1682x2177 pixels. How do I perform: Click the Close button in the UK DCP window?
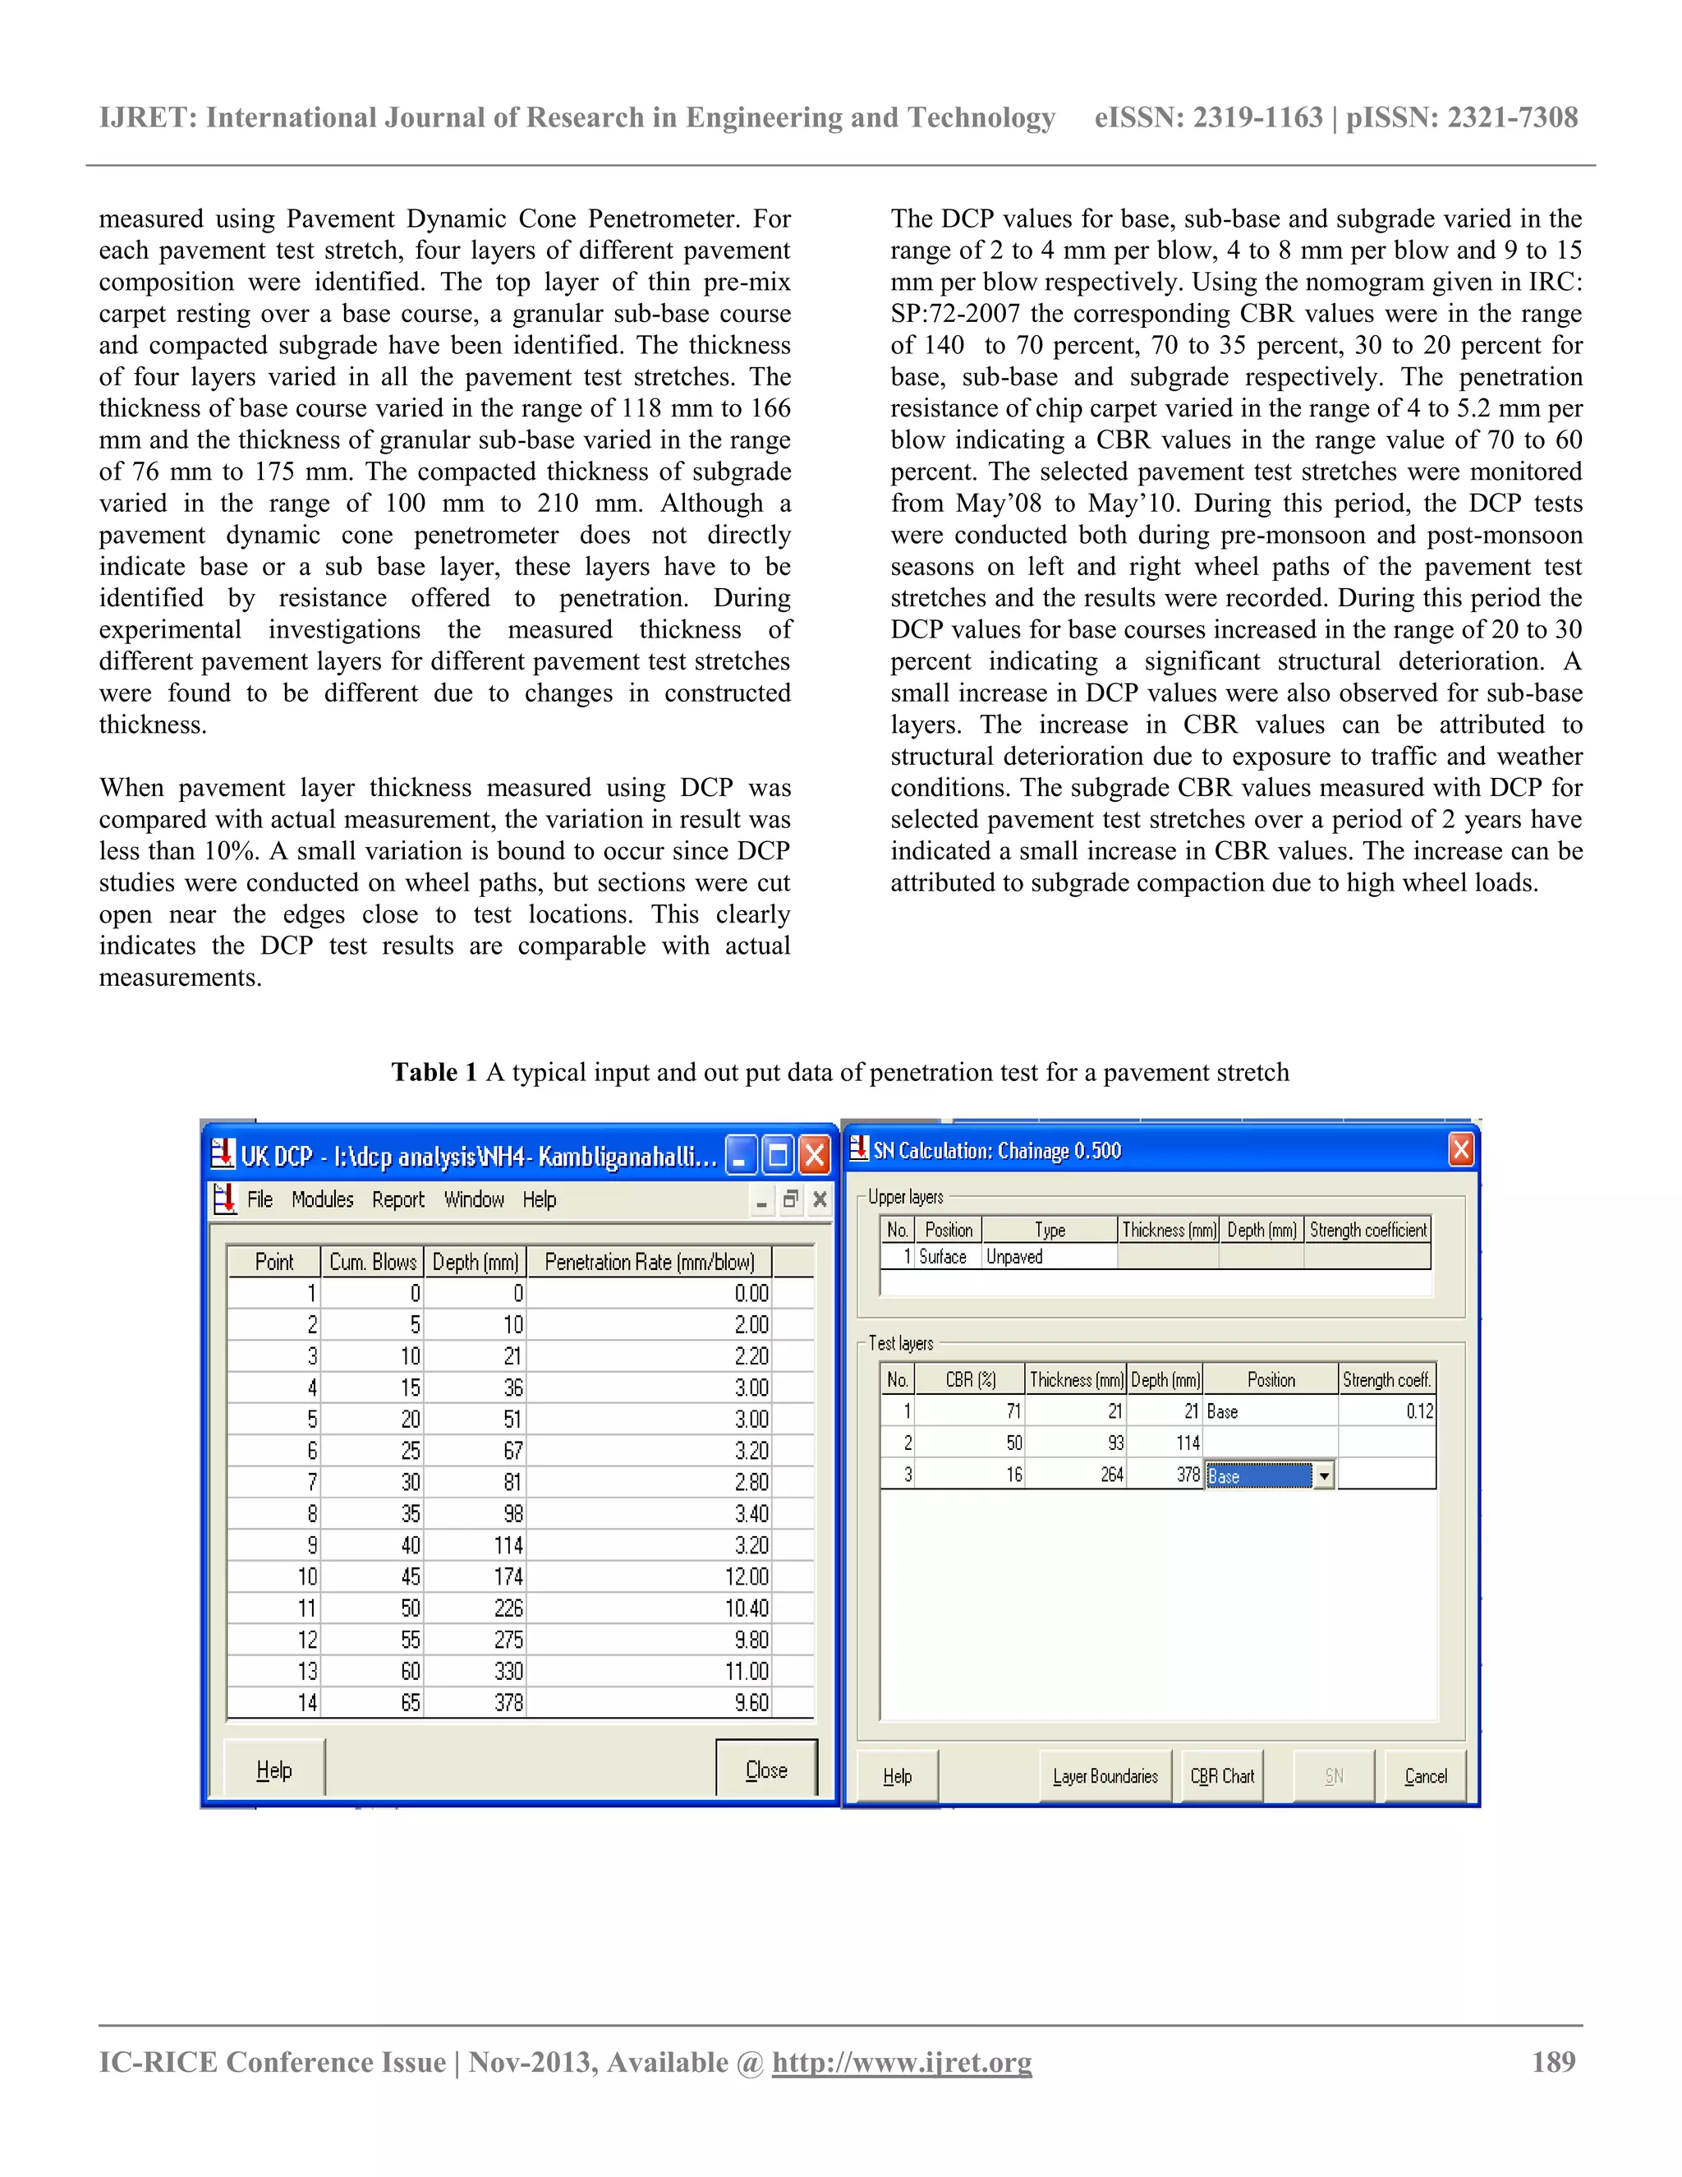pos(765,1770)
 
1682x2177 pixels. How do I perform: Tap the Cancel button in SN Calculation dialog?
pos(1425,1776)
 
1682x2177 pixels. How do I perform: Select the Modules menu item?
pos(322,1199)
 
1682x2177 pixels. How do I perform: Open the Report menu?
pos(398,1199)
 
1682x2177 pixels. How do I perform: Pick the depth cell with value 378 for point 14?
pos(508,1702)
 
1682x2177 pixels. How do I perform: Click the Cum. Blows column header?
pos(373,1262)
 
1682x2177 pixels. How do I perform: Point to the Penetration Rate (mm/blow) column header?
pos(649,1262)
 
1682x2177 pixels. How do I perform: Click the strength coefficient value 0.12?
pos(1419,1411)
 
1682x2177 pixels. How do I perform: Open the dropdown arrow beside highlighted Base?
pos(1323,1476)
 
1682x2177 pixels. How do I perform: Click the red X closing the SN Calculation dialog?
pos(1461,1150)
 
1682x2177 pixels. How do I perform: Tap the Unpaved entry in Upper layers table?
pos(1014,1257)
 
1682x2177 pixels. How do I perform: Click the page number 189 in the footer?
pos(1553,2062)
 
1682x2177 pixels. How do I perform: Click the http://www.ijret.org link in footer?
pos(902,2062)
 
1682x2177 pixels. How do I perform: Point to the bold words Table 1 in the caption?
pos(434,1073)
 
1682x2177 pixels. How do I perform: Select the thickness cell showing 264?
pos(1111,1475)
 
